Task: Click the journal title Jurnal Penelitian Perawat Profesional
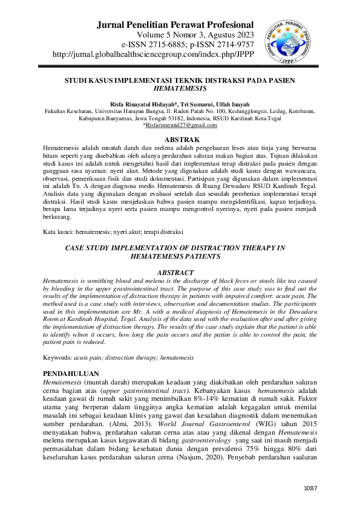175,25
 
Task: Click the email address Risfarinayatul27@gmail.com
180,125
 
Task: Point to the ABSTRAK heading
180,140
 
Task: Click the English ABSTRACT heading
180,273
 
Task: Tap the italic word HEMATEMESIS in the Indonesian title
180,88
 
